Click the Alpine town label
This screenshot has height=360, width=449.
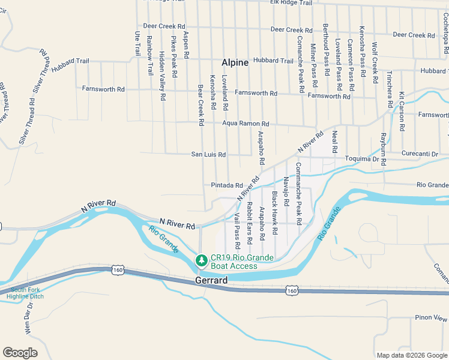pos(235,62)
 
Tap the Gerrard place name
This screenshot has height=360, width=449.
pos(211,280)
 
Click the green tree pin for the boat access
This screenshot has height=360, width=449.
pos(201,260)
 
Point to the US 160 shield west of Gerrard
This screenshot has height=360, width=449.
pos(116,271)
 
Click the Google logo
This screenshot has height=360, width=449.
pos(20,353)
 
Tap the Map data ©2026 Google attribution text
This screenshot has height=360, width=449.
pos(411,355)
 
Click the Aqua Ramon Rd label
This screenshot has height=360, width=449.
pos(246,124)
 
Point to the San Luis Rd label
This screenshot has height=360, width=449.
pos(208,155)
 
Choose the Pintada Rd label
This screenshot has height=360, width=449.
pos(226,185)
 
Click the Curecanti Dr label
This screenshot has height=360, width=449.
pos(420,154)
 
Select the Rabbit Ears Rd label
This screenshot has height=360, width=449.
pos(249,227)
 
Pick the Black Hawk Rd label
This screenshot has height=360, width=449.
pos(274,212)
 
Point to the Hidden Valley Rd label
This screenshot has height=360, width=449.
pos(162,76)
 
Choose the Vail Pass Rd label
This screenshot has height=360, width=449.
pos(237,230)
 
